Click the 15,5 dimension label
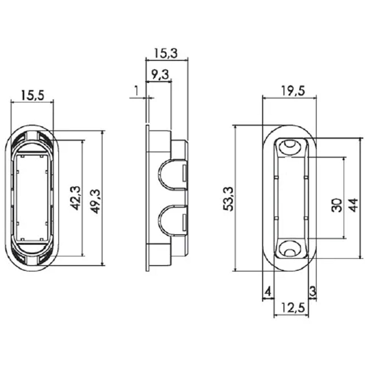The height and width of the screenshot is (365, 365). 32,95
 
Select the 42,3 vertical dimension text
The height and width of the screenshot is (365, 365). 76,198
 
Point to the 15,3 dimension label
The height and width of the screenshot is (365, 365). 166,53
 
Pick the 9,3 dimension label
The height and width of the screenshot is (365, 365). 160,75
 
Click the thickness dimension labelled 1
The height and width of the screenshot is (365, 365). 137,91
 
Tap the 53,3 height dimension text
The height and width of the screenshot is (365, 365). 228,199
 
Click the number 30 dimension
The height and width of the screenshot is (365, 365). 337,205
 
